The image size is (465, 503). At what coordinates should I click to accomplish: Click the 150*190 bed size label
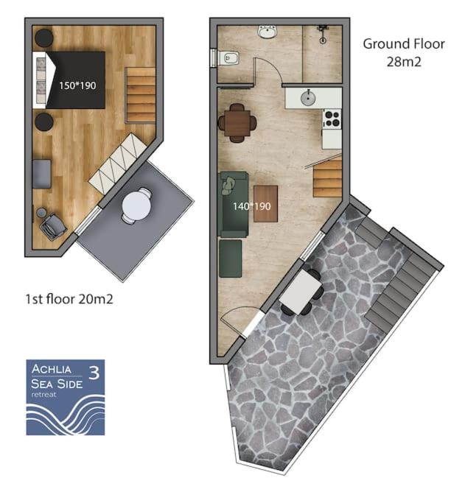77,85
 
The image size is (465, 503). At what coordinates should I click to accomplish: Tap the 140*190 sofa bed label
251,206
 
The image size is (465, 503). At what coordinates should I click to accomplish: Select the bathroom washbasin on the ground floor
267,32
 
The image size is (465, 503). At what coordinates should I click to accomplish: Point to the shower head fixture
323,34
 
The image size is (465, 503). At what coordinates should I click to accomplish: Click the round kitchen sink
308,98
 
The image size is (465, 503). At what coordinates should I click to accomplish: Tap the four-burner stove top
332,119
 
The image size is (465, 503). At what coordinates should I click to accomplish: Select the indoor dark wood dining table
237,123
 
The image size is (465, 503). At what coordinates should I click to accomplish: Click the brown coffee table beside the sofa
266,204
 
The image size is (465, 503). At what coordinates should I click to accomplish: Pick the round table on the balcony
137,205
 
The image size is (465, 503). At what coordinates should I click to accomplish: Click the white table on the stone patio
301,292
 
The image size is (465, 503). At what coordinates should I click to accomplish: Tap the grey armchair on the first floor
53,225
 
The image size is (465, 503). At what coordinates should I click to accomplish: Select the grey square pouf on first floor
42,174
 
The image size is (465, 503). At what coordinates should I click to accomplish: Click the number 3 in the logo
94,373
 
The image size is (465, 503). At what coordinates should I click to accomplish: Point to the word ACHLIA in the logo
52,369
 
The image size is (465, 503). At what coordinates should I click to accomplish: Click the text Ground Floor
404,44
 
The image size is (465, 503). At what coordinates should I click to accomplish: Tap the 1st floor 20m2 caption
69,299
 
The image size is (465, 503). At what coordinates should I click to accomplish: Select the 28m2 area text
404,62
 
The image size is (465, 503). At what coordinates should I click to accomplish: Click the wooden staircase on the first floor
140,95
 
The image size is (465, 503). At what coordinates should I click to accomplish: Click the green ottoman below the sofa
231,258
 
